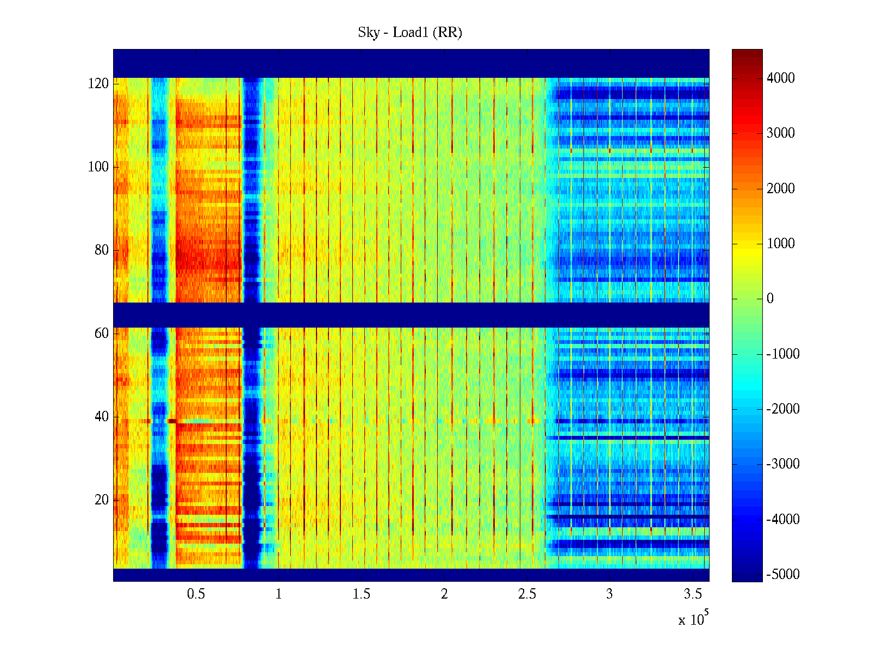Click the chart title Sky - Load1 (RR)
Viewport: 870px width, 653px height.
(x=410, y=33)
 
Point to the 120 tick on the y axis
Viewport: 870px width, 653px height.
(x=98, y=84)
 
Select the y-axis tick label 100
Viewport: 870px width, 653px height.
(x=98, y=167)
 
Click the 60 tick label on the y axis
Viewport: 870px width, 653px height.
(x=102, y=334)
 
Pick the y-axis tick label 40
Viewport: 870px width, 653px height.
(x=102, y=417)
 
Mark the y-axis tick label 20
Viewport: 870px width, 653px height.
(x=102, y=500)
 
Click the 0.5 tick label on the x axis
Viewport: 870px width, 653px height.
(x=196, y=594)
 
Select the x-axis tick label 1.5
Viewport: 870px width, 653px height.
(x=361, y=594)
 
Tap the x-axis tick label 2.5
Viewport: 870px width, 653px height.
(x=527, y=594)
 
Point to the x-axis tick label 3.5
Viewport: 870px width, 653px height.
(x=692, y=594)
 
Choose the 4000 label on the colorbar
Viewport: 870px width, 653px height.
(x=780, y=78)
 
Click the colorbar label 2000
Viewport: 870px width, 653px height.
(x=780, y=189)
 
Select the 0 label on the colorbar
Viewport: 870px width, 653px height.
(x=770, y=299)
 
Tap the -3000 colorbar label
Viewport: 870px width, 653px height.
(x=782, y=464)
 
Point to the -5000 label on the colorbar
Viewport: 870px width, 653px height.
(x=782, y=575)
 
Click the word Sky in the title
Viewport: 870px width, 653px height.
(x=368, y=33)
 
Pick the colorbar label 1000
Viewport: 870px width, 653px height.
(x=780, y=244)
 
